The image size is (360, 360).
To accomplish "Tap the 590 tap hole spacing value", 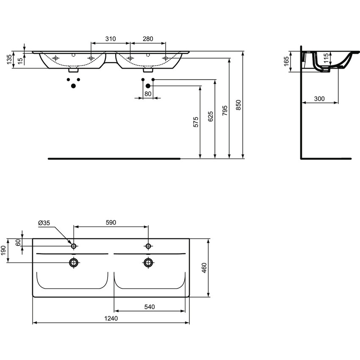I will (x=111, y=222).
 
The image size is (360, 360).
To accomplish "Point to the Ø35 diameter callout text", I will (x=44, y=223).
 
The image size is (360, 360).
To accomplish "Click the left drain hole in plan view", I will (x=74, y=263).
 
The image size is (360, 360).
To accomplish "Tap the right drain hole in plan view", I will (x=148, y=263).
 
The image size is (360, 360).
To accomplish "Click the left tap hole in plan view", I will (x=74, y=246).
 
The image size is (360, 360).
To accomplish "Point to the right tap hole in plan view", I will (x=148, y=246).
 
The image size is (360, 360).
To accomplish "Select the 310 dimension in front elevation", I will (x=110, y=39).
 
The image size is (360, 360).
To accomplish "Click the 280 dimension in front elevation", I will (x=147, y=39).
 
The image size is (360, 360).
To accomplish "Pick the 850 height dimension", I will (x=238, y=104).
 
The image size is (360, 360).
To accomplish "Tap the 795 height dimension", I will (x=225, y=110).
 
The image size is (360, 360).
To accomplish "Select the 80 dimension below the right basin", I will (x=147, y=94).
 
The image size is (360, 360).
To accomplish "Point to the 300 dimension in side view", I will (x=319, y=99).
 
